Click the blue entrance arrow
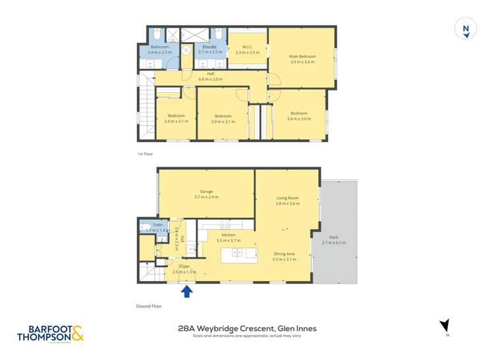187,291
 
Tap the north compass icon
466,29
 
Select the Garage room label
206,192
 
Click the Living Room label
288,197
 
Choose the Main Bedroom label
302,57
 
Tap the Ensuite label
209,47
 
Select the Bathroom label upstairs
160,47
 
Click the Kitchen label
229,235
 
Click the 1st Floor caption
145,154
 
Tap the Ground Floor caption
149,306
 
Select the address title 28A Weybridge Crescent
247,327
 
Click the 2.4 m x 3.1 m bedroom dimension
177,121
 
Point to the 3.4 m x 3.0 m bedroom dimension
298,118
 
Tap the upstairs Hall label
211,74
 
